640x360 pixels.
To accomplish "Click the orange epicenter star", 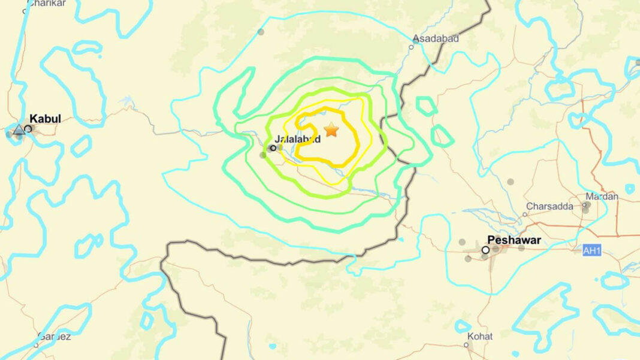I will tap(331, 129).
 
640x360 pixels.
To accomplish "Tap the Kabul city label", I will tap(46, 119).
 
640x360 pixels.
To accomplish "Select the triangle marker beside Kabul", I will tap(19, 129).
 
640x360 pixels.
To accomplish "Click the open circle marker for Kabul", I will tap(28, 128).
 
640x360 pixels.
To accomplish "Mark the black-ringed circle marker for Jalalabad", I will tap(273, 147).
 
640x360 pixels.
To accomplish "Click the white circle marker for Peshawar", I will tap(485, 250).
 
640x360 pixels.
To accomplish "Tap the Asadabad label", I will tap(435, 38).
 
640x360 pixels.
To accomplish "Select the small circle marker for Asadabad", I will tap(412, 47).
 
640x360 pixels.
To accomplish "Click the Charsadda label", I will tap(550, 206).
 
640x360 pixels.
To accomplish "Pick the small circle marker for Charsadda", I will tap(524, 214).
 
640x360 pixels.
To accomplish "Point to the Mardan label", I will tap(602, 195).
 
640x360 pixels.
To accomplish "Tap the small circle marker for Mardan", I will tap(584, 205).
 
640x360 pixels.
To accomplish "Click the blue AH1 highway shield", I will tap(591, 250).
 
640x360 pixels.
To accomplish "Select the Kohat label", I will tap(480, 336).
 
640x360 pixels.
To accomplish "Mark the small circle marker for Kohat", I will tap(466, 344).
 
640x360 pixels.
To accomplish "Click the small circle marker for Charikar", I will tap(25, 11).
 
